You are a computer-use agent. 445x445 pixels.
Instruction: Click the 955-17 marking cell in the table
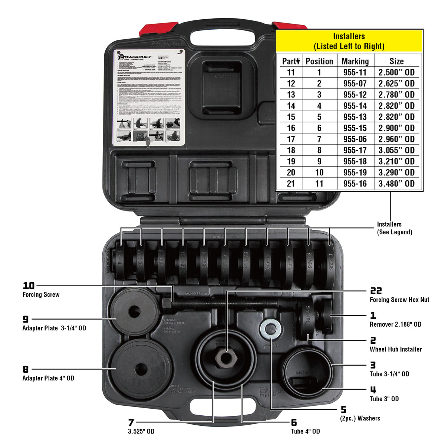point(355,150)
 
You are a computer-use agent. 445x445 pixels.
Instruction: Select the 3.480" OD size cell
point(396,184)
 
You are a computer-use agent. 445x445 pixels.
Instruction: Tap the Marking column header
point(355,61)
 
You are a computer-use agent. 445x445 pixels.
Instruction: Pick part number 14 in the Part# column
point(291,106)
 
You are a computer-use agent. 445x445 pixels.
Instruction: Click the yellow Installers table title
point(349,41)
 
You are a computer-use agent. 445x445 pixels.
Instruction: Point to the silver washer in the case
point(270,329)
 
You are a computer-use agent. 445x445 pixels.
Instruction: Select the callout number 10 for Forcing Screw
point(29,286)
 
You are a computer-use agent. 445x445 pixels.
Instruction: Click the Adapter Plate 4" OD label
point(48,378)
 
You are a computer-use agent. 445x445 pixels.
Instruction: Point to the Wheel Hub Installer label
point(396,349)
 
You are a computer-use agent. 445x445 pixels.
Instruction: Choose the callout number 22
point(376,291)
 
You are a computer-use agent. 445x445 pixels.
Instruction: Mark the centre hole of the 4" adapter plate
point(141,369)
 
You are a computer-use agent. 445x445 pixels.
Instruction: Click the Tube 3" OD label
point(384,399)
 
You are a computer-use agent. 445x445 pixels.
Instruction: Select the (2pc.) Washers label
point(360,418)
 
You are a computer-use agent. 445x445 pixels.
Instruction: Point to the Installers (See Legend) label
point(395,228)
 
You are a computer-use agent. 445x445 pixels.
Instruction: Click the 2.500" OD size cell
point(396,72)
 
